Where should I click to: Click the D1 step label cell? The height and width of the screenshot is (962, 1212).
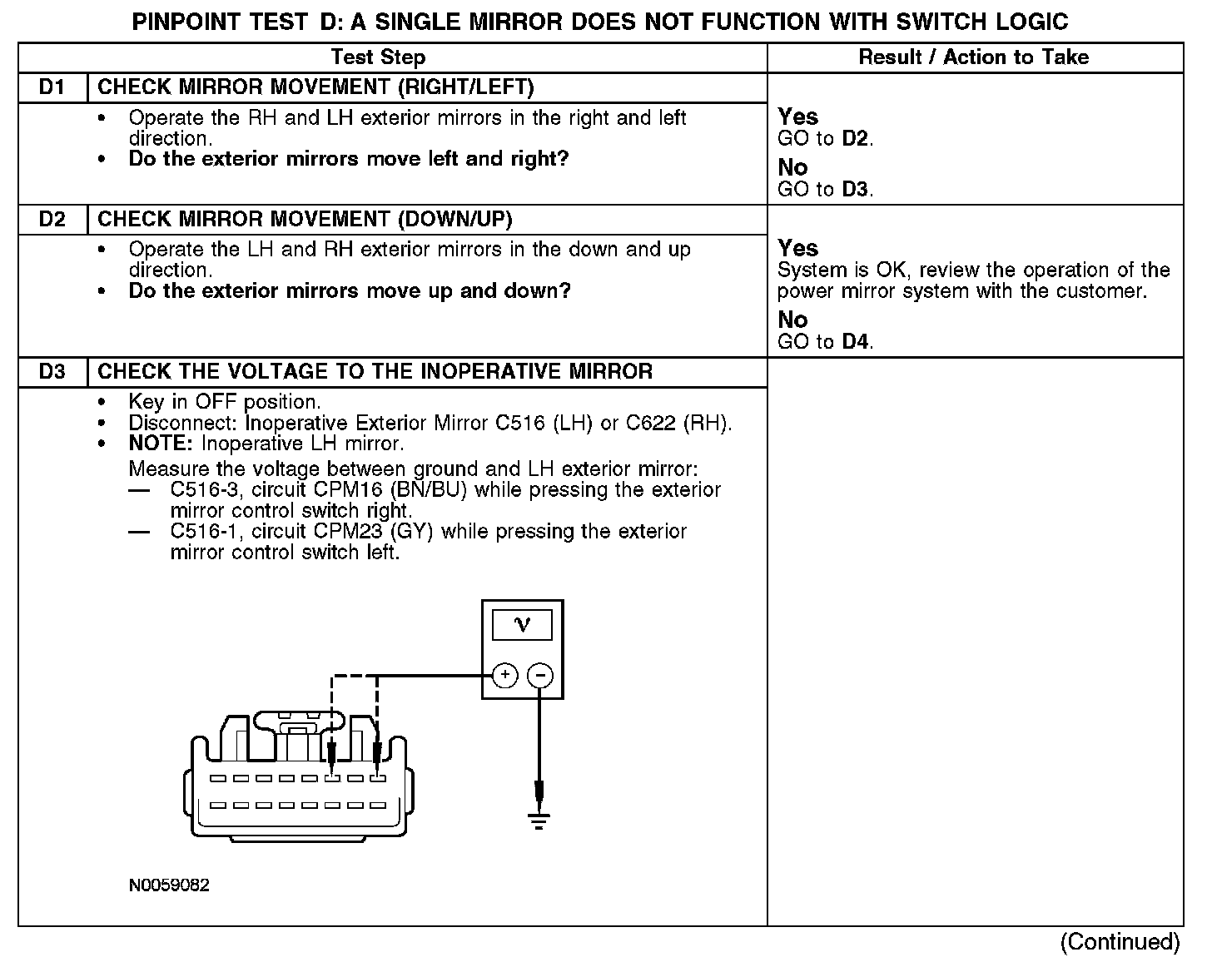pyautogui.click(x=52, y=87)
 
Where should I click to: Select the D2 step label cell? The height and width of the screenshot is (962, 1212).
pyautogui.click(x=52, y=220)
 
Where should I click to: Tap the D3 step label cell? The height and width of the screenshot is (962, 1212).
pyautogui.click(x=52, y=372)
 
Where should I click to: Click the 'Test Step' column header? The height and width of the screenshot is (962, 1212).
pyautogui.click(x=378, y=57)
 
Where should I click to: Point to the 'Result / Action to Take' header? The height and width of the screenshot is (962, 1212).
pyautogui.click(x=973, y=57)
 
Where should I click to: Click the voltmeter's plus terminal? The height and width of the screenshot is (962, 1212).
pyautogui.click(x=505, y=675)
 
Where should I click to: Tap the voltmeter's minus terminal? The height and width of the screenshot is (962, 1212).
pyautogui.click(x=540, y=675)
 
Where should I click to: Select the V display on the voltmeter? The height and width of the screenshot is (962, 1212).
pyautogui.click(x=522, y=625)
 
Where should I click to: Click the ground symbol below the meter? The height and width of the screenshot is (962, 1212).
pyautogui.click(x=539, y=822)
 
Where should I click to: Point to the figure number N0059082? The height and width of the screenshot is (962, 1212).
pyautogui.click(x=169, y=885)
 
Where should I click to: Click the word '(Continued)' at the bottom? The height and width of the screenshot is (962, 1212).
pyautogui.click(x=1120, y=942)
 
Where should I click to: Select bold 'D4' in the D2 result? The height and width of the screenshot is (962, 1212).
pyautogui.click(x=855, y=342)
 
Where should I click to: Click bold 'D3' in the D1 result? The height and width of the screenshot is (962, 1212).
pyautogui.click(x=855, y=190)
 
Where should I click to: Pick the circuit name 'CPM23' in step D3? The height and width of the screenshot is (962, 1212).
pyautogui.click(x=343, y=532)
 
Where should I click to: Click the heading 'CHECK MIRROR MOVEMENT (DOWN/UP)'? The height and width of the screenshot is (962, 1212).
pyautogui.click(x=305, y=220)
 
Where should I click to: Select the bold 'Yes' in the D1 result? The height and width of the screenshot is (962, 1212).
pyautogui.click(x=797, y=117)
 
